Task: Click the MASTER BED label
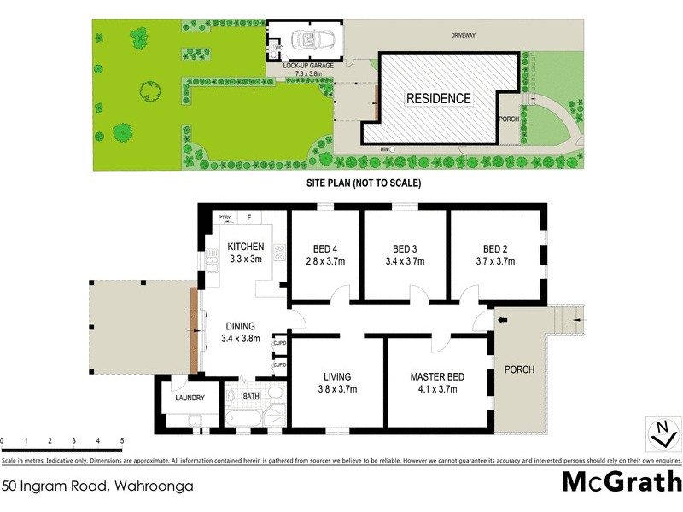pos(435,377)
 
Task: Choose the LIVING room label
pos(337,377)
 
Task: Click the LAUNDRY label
pos(189,397)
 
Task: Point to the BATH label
pos(251,396)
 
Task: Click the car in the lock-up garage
pos(306,39)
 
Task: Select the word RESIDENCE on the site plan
pos(438,98)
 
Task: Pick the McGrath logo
pos(621,482)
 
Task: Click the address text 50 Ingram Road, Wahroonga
pos(97,486)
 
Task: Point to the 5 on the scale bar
pos(122,441)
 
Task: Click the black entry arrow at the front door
pos(503,320)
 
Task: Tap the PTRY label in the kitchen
pos(225,218)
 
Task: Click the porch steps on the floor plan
pos(566,320)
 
